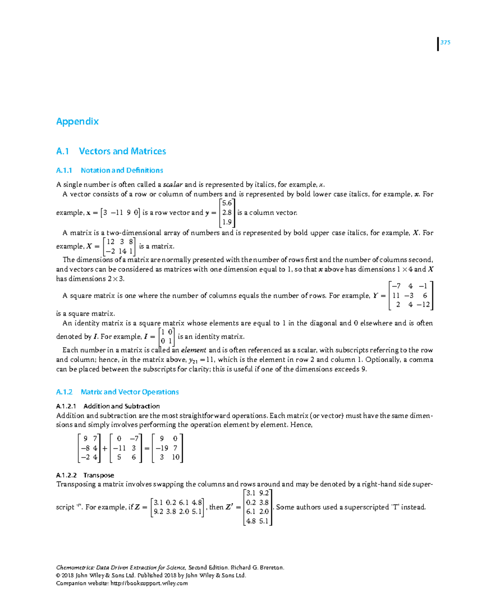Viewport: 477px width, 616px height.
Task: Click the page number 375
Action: pyautogui.click(x=445, y=43)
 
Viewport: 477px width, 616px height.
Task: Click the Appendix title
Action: pyautogui.click(x=77, y=121)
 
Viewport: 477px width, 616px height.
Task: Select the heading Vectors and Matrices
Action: pyautogui.click(x=122, y=151)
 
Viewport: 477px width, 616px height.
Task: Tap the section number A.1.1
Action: pyautogui.click(x=64, y=170)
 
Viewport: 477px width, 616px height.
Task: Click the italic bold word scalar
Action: pyautogui.click(x=173, y=184)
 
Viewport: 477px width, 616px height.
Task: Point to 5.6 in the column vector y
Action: pyautogui.click(x=227, y=203)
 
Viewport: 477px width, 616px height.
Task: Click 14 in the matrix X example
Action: pyautogui.click(x=122, y=251)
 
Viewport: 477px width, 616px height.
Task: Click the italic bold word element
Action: pyautogui.click(x=194, y=350)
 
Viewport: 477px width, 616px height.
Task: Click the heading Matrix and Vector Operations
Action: pyautogui.click(x=130, y=392)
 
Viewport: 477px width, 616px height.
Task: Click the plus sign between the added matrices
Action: pyautogui.click(x=105, y=448)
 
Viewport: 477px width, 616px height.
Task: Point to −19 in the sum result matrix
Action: pyautogui.click(x=162, y=448)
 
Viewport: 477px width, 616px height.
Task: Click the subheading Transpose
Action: pyautogui.click(x=99, y=475)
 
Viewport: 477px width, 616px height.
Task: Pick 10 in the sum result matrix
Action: pyautogui.click(x=176, y=457)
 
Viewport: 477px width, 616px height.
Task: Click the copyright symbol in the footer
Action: pyautogui.click(x=58, y=575)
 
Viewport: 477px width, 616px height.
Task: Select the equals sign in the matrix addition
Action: pyautogui.click(x=147, y=448)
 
